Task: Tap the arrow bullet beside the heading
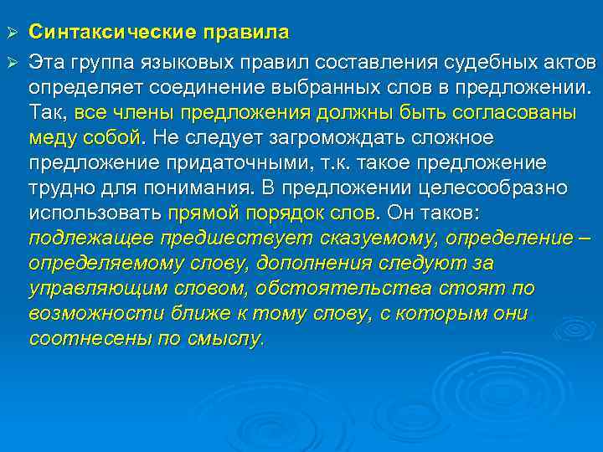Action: [x=12, y=33]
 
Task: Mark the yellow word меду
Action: [x=51, y=136]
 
